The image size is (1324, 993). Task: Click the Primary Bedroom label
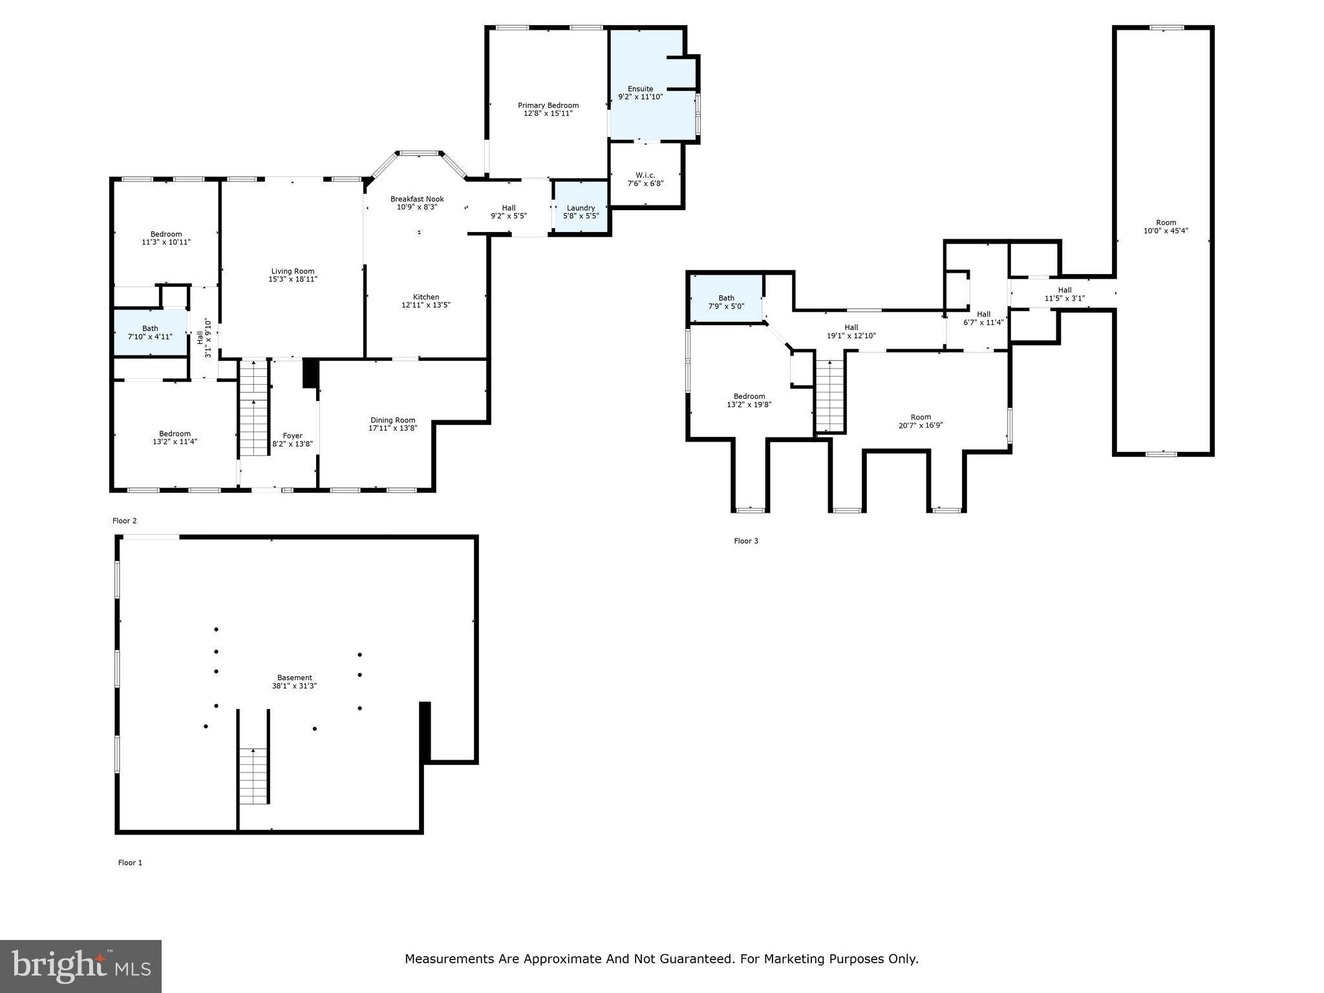[548, 105]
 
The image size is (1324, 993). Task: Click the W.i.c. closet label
[645, 175]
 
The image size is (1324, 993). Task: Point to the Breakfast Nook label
[417, 199]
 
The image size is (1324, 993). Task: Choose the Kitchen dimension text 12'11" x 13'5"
[426, 304]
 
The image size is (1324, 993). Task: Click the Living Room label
[293, 272]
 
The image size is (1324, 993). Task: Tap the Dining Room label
[393, 420]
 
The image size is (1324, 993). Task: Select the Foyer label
[293, 436]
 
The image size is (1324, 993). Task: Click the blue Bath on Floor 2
[151, 332]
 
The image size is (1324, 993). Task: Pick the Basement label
[295, 678]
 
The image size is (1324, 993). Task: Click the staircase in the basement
[253, 776]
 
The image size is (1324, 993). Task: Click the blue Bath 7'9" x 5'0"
[726, 299]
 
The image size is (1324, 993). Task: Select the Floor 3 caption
[746, 541]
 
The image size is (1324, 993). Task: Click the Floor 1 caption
[130, 862]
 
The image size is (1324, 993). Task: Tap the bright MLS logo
[81, 966]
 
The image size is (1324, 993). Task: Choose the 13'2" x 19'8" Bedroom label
[749, 400]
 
